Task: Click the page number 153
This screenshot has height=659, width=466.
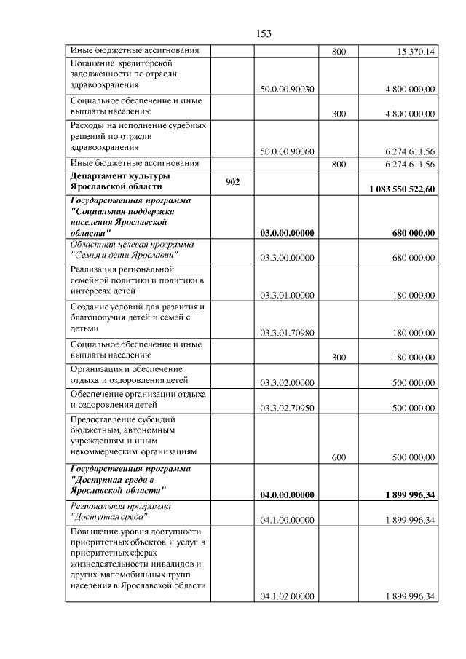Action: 264,33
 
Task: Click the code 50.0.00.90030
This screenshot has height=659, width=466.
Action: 286,89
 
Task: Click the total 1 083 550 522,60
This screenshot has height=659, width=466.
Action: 401,189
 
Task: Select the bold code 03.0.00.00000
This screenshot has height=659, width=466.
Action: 286,233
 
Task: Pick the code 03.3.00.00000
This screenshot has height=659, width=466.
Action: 286,258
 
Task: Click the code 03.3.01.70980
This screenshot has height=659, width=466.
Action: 286,333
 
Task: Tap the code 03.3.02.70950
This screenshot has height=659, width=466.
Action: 286,409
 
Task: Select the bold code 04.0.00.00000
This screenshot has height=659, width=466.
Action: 286,495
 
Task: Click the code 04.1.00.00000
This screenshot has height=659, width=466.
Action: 286,520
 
